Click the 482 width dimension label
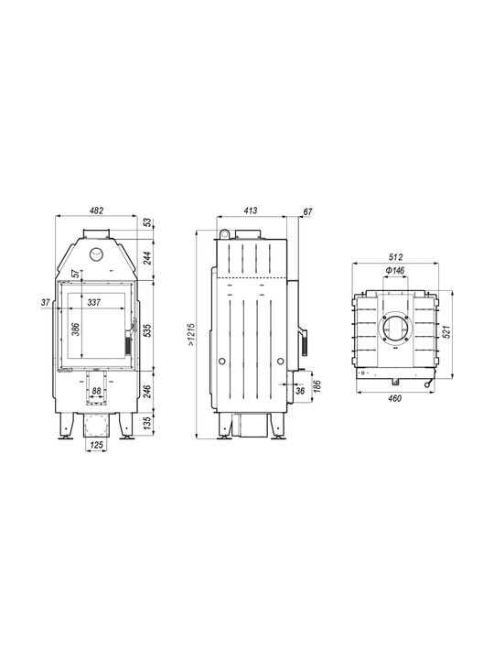coord(97,211)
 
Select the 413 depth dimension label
coord(251,211)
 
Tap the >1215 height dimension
coord(191,335)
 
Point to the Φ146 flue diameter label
coord(395,270)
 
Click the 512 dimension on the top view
coord(395,257)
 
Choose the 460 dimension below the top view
coord(395,398)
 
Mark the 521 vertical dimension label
coord(446,332)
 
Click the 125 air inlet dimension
coord(97,445)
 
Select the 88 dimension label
coord(97,392)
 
